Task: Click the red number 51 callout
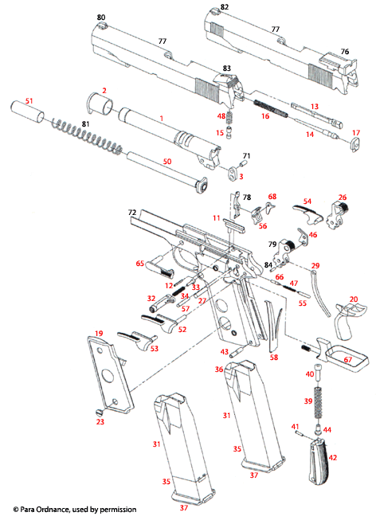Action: [29, 100]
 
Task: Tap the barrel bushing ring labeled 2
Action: [97, 105]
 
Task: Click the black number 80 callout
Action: [100, 17]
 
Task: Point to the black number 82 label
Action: [225, 7]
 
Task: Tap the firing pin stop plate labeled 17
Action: [350, 144]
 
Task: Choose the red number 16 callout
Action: [265, 116]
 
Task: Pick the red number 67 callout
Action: [347, 360]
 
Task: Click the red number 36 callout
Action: [218, 369]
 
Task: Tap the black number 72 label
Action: [132, 213]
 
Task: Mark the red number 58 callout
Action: [274, 358]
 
